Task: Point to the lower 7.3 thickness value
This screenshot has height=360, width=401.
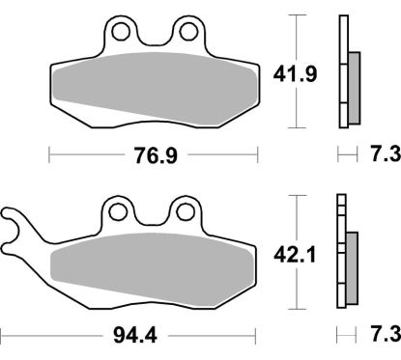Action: click(x=380, y=336)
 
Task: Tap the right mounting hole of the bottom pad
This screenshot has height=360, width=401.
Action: click(x=181, y=209)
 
